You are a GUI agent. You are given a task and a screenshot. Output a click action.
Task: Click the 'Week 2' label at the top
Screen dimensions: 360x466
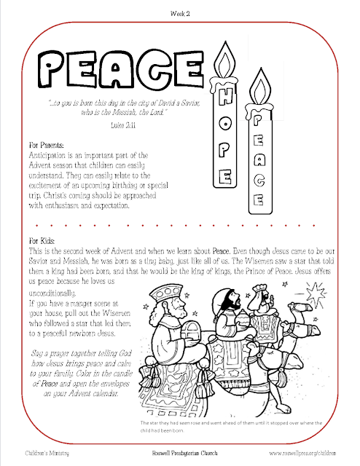coord(180,13)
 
